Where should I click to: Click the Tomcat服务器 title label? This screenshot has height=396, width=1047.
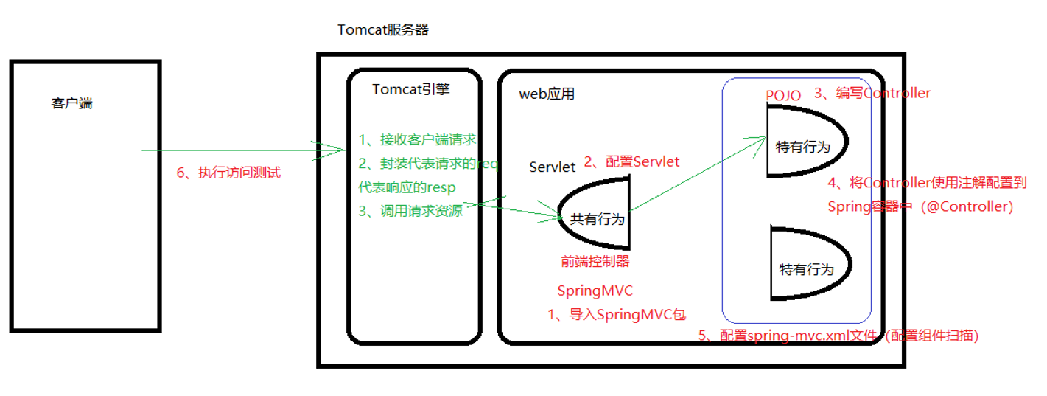coord(383,30)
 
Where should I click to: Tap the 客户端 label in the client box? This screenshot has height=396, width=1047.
coord(71,103)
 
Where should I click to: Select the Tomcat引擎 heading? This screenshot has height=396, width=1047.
coord(411,88)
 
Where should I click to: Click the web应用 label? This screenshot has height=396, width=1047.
coord(547,94)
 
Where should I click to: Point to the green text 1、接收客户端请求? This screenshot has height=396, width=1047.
coord(417,139)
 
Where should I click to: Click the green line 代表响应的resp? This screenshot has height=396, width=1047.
coord(407,187)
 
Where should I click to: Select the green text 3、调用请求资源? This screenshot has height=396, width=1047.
coord(410,211)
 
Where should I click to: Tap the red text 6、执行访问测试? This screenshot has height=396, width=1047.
coord(228,173)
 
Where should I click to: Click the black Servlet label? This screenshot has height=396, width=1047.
coord(552,167)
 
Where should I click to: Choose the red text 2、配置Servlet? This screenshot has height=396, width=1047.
coord(631,161)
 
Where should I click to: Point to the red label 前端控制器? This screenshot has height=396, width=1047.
coord(595,261)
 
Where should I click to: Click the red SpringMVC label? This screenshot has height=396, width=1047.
coord(595,291)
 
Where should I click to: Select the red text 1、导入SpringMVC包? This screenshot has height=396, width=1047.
coord(617,315)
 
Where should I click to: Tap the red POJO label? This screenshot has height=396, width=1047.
coord(783,95)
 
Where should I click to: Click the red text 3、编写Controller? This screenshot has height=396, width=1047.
coord(872,93)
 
